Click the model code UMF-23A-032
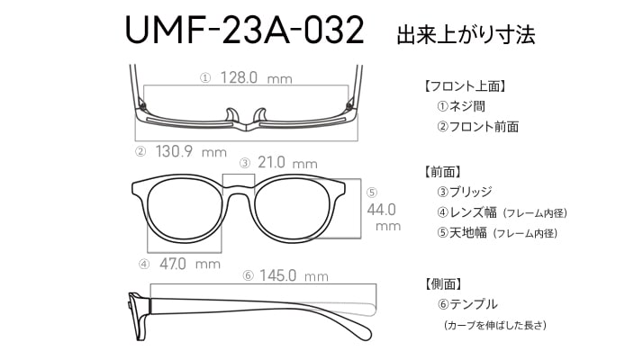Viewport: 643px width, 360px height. [244, 30]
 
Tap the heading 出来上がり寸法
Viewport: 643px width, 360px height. [466, 34]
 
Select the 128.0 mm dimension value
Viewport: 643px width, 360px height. [257, 77]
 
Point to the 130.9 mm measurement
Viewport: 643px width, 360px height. [191, 152]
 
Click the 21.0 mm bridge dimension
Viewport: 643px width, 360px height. [287, 163]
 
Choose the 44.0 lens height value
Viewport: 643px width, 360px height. [382, 210]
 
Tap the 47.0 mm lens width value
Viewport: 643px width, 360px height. [190, 264]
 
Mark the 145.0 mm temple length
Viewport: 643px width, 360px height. [294, 275]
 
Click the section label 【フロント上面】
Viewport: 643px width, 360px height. [465, 86]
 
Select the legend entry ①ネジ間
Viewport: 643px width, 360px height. [461, 106]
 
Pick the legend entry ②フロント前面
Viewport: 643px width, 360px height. [478, 127]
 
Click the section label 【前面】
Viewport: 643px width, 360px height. [442, 172]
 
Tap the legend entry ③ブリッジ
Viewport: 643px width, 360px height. [465, 192]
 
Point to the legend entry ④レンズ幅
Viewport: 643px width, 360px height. [466, 212]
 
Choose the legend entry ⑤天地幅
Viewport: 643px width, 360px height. [462, 233]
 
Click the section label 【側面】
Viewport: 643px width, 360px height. [442, 283]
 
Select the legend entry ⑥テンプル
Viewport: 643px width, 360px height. [467, 304]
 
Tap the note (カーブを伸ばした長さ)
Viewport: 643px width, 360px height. [495, 326]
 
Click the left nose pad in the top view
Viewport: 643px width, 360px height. [232, 115]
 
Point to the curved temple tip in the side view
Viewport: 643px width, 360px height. [361, 330]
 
